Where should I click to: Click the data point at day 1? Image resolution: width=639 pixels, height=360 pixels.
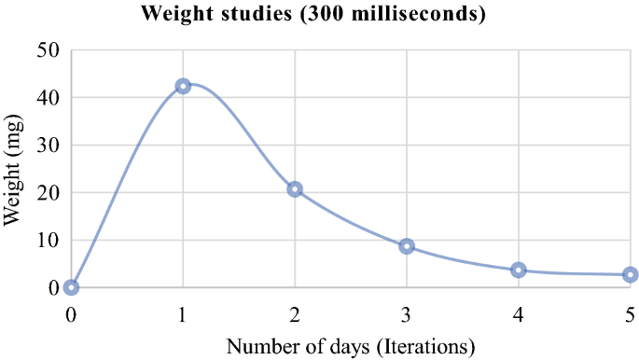(x=183, y=86)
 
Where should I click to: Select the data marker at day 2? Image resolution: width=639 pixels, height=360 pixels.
(x=295, y=189)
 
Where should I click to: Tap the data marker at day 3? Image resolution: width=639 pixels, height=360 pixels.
(x=407, y=246)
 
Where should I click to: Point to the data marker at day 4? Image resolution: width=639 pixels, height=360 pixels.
(x=519, y=270)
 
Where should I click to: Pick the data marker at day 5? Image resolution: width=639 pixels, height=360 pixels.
(x=631, y=274)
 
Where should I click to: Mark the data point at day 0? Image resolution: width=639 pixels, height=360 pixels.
(x=71, y=287)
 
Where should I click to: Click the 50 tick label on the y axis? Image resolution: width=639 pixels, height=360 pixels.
(x=48, y=50)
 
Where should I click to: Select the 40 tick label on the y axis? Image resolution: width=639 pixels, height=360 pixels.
(x=48, y=98)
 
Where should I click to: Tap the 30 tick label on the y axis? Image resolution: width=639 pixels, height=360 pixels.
(x=48, y=145)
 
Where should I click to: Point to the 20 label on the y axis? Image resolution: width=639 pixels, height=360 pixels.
(x=48, y=193)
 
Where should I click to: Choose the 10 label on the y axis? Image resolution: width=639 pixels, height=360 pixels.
(x=48, y=241)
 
